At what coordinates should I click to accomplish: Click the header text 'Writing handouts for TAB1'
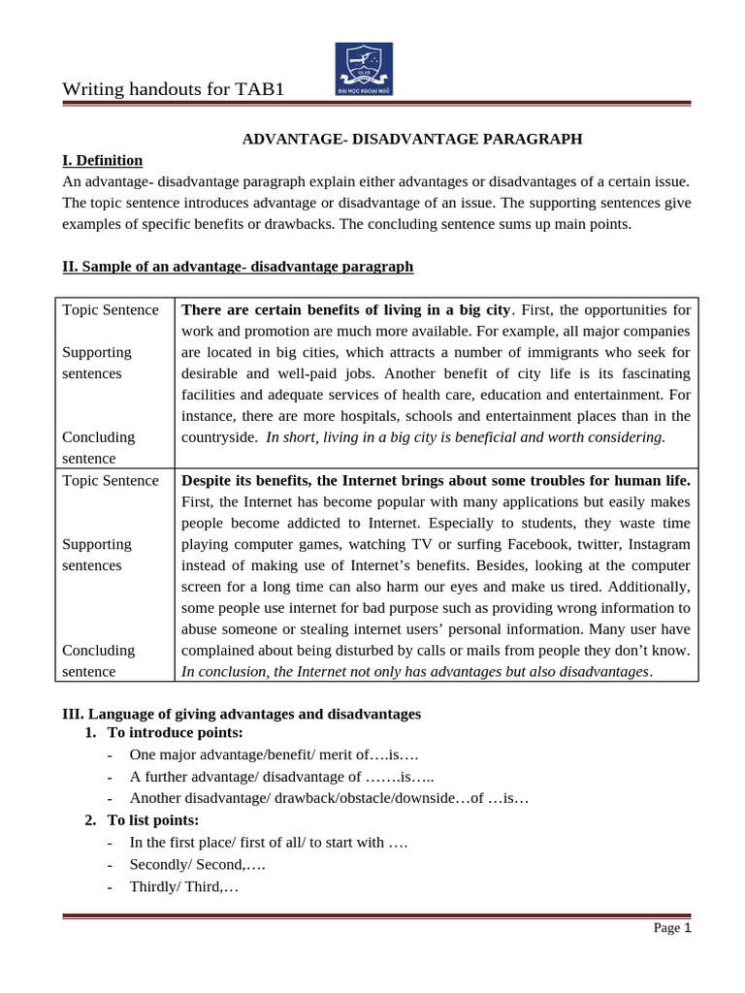point(174,90)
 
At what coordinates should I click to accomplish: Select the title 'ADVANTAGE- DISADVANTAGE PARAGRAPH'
point(411,139)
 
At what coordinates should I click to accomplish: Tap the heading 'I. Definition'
point(102,160)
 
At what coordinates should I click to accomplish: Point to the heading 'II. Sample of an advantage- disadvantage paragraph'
point(238,266)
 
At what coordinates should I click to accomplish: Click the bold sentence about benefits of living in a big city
point(345,309)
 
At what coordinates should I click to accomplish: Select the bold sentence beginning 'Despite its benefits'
point(436,480)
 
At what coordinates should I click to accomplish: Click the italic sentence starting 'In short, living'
point(466,437)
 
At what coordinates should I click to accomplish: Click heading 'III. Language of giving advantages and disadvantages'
point(242,714)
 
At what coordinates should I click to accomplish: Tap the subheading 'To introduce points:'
point(175,732)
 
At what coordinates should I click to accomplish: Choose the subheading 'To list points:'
point(152,820)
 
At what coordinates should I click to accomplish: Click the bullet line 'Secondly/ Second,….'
point(198,864)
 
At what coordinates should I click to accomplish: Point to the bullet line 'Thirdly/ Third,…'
point(183,886)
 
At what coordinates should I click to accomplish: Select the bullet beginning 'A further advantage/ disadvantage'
point(281,777)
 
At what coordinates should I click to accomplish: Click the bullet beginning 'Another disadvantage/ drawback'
point(329,799)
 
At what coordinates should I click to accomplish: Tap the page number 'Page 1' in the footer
point(671,928)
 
